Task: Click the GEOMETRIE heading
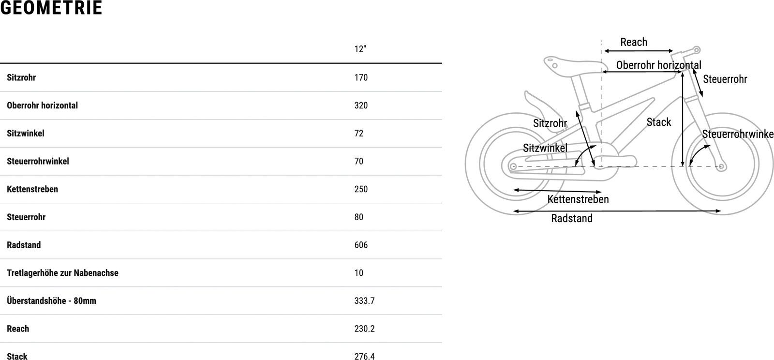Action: click(51, 8)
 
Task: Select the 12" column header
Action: click(360, 49)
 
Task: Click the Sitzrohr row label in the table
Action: click(21, 77)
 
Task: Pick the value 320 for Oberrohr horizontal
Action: click(361, 105)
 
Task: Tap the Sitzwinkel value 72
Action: click(358, 134)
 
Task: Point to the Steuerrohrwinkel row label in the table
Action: click(38, 161)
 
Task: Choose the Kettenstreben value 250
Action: click(361, 189)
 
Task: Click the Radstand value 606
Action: click(361, 245)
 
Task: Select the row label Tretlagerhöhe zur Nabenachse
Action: click(62, 273)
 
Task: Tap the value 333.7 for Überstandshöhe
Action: click(365, 301)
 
